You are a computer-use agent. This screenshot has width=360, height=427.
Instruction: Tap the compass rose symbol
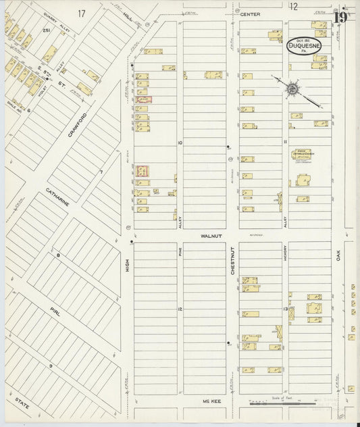(293, 89)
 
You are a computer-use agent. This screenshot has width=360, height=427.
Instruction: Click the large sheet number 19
(341, 17)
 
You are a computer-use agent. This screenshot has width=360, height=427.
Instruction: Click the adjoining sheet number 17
(82, 13)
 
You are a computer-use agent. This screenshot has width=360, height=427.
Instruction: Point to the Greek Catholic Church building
(303, 156)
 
